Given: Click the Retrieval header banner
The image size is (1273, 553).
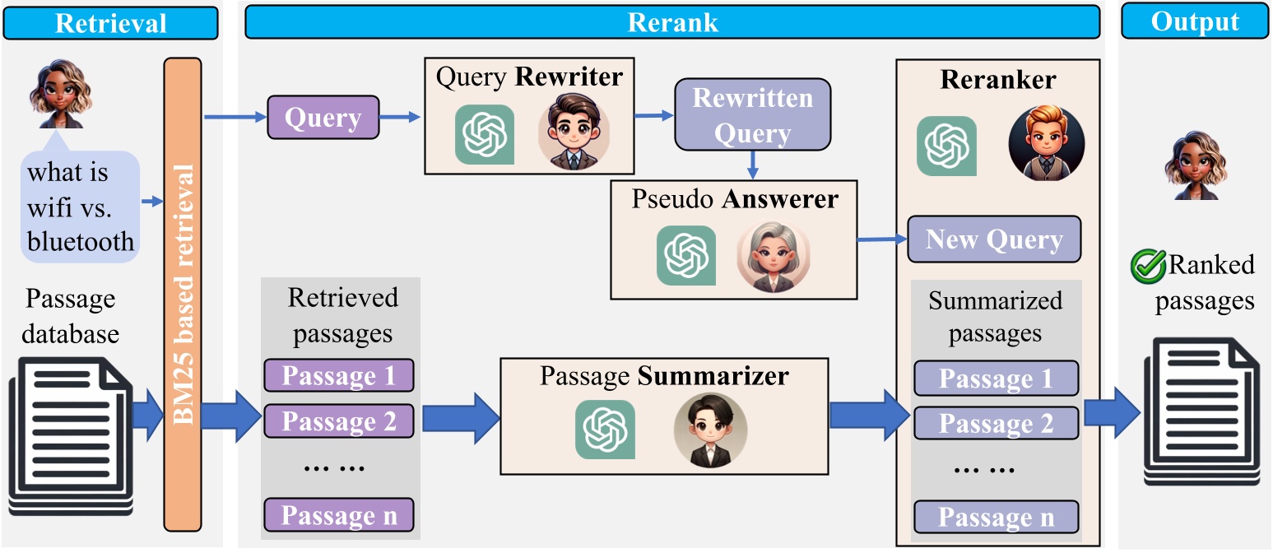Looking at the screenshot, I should point(110,22).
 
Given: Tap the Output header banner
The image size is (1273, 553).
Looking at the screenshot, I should point(1195,22).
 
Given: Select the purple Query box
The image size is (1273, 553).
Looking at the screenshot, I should point(323,118).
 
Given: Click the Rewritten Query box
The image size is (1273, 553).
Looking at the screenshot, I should point(752,115).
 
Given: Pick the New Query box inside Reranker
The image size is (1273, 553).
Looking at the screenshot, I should point(994,239).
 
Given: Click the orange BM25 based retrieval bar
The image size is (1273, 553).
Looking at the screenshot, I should point(182,295).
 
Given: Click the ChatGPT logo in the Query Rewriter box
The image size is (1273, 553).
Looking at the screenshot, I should point(485,134).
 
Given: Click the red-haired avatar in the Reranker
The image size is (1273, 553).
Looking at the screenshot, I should point(1046,142).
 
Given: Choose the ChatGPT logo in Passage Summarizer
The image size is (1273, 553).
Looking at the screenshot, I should point(605,429).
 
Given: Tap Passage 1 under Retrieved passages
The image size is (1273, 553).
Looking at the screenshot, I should point(338,375).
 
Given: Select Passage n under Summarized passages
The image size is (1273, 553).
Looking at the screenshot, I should point(996,518).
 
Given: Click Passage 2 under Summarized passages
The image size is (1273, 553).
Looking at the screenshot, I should point(996,423).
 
